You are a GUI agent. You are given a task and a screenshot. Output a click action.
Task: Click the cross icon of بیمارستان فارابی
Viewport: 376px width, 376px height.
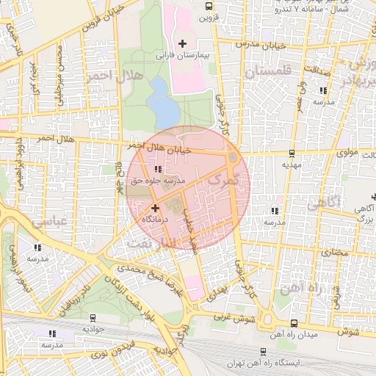pos(182,43)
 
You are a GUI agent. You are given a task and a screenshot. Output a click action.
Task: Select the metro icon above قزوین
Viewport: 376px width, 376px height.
pos(208,6)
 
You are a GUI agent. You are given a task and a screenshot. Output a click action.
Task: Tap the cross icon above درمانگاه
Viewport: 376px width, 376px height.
pos(155,208)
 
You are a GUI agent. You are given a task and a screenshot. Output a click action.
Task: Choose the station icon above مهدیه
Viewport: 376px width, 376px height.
pos(292,153)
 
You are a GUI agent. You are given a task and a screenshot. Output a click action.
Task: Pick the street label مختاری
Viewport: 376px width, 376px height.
pos(334,252)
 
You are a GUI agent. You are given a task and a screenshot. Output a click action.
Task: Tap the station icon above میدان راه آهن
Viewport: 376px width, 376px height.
pos(294,323)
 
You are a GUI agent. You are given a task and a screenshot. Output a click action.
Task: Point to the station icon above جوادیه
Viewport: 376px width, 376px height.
pos(93,318)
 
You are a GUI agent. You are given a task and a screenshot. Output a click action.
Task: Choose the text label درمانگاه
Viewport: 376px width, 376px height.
pos(155,219)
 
